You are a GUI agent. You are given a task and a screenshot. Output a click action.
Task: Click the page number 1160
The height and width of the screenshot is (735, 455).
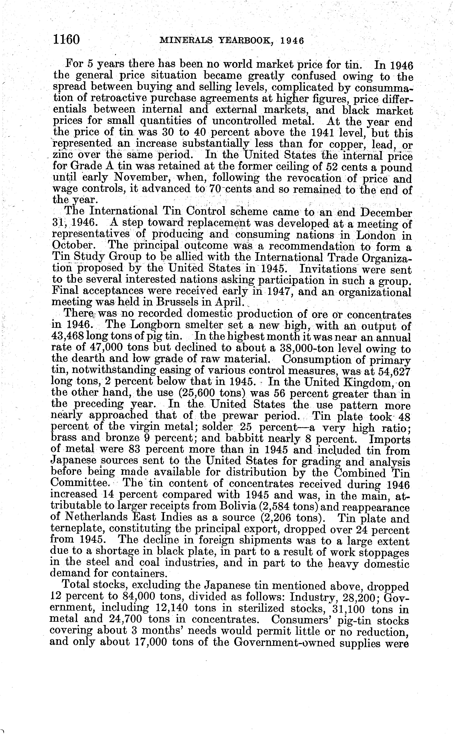[x=66, y=39]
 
